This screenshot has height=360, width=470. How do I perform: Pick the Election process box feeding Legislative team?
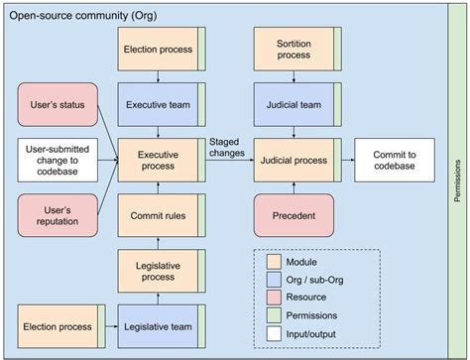[x=55, y=324]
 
